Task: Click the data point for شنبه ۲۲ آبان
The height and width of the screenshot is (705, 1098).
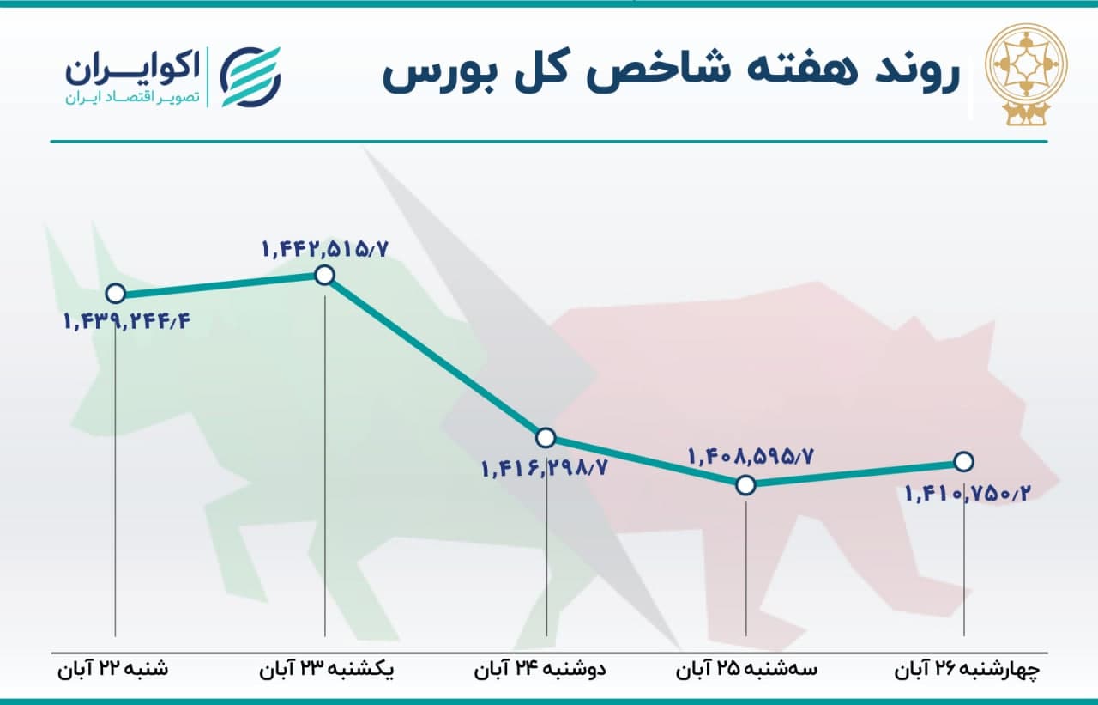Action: (116, 294)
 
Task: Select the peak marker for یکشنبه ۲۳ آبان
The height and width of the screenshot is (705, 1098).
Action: (324, 276)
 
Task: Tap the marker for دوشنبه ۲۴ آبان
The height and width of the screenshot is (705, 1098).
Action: (546, 438)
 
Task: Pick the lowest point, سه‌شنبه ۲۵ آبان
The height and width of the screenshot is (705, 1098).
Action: (745, 485)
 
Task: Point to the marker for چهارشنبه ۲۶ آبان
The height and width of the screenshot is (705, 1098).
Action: (963, 462)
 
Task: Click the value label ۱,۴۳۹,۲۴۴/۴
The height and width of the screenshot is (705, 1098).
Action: (127, 322)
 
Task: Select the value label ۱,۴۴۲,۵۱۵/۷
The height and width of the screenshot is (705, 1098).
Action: (325, 249)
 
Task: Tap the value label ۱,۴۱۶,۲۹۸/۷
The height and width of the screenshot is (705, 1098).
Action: (545, 468)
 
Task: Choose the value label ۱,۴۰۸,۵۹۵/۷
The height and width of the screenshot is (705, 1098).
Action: (751, 457)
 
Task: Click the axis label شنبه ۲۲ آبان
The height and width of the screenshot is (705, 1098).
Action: (112, 669)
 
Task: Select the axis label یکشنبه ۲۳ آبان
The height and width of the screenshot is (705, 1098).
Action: (327, 669)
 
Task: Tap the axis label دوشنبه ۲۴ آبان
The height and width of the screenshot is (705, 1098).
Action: (540, 669)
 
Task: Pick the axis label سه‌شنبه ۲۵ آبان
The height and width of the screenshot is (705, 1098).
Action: (746, 669)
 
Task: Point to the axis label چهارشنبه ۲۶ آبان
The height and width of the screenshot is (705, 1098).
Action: (967, 669)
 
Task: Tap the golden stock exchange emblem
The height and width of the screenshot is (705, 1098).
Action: (1027, 74)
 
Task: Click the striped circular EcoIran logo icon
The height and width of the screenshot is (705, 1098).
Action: (250, 77)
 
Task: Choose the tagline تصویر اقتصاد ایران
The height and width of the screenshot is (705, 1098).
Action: (132, 98)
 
